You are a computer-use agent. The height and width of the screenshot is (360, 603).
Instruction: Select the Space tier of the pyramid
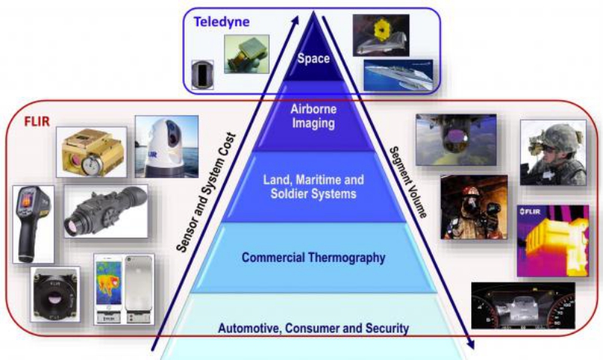[313, 58]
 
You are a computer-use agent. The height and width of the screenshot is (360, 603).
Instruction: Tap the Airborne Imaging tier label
[313, 116]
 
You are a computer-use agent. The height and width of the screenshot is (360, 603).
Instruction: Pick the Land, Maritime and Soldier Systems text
[313, 187]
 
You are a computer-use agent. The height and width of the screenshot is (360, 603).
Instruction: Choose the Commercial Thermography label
[313, 258]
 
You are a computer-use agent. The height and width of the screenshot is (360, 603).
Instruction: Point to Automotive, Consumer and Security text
[313, 328]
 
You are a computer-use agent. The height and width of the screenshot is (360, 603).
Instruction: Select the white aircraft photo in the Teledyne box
[397, 75]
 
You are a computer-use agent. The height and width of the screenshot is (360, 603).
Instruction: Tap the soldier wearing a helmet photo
[552, 153]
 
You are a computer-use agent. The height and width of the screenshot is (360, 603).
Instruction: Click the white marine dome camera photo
[167, 146]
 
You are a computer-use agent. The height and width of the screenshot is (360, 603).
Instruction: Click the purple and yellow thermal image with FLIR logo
[552, 240]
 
